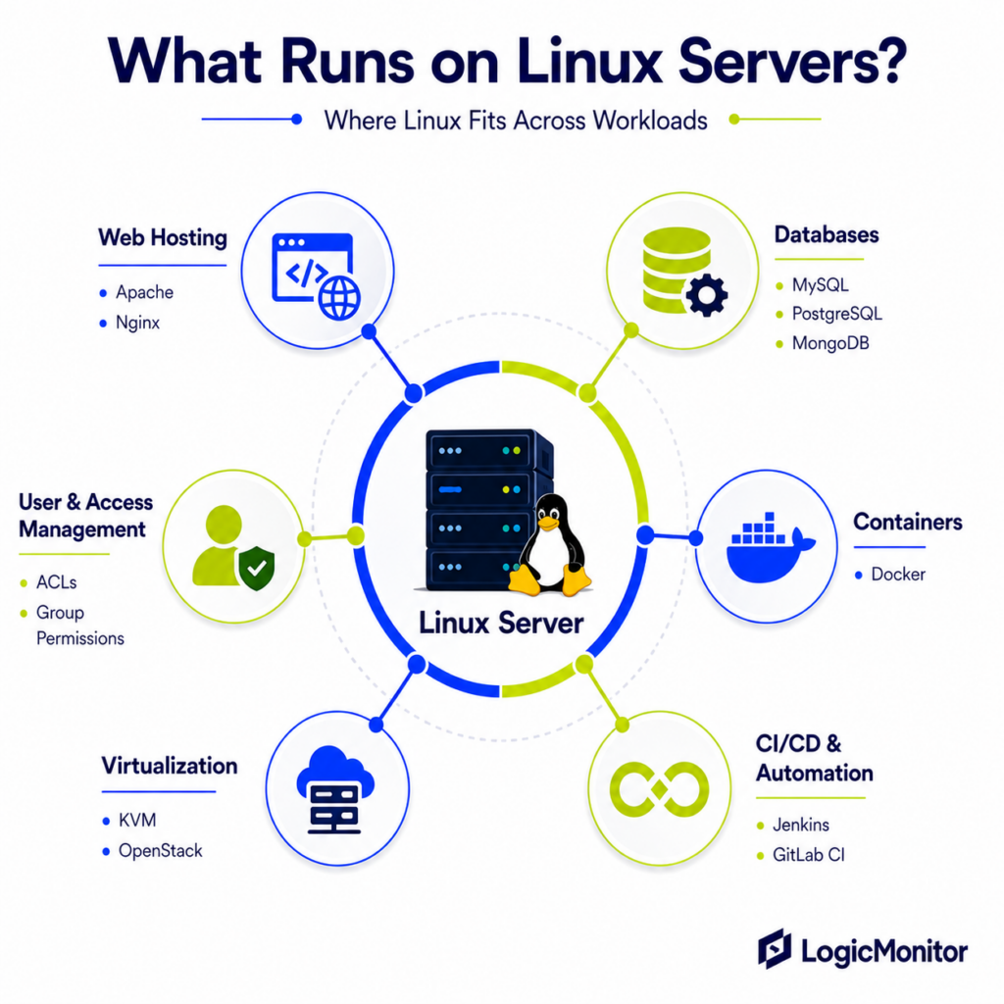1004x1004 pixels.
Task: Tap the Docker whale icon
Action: (x=771, y=547)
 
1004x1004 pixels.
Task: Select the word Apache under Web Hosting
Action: (x=145, y=292)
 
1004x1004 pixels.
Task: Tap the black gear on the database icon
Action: (x=707, y=295)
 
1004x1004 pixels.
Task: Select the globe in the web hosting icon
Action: (x=339, y=298)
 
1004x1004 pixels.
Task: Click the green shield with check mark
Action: (x=256, y=568)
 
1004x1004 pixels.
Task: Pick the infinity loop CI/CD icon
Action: (x=660, y=789)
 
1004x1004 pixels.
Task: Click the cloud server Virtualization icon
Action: (x=335, y=790)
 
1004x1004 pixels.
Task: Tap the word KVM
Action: (x=137, y=821)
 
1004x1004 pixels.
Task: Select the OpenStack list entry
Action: (x=161, y=851)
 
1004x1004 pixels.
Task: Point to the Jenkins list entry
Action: (x=801, y=825)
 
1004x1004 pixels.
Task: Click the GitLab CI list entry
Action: (x=809, y=855)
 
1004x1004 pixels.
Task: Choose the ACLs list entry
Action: (x=56, y=582)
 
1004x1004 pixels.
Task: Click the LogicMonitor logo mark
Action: (x=775, y=949)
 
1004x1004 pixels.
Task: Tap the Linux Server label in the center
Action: (x=501, y=623)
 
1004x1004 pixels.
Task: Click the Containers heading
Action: (x=908, y=522)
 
